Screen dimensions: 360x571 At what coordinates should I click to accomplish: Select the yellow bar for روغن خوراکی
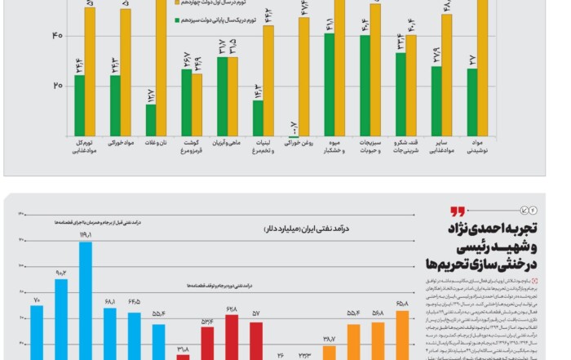pyautogui.click(x=303, y=77)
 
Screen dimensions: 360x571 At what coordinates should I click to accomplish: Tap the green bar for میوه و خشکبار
pyautogui.click(x=330, y=84)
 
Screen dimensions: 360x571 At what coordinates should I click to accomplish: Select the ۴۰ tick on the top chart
pyautogui.click(x=35, y=35)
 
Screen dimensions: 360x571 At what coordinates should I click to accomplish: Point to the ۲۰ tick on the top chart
pyautogui.click(x=35, y=86)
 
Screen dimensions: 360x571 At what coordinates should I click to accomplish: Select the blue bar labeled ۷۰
pyautogui.click(x=37, y=332)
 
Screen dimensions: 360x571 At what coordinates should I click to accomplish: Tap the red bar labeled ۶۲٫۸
pyautogui.click(x=232, y=336)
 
